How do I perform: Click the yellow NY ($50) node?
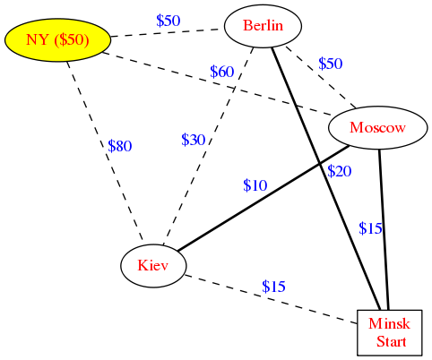(57, 40)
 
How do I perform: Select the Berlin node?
(263, 26)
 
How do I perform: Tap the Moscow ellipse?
(378, 128)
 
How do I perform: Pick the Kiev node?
(153, 265)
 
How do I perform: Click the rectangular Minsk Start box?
(390, 333)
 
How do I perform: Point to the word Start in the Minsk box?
(392, 342)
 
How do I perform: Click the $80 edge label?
(120, 146)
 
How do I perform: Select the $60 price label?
(222, 72)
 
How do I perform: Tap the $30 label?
(194, 140)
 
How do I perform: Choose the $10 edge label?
(255, 185)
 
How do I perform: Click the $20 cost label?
(340, 171)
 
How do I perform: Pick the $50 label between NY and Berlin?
(168, 21)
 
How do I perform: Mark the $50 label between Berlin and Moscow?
(331, 64)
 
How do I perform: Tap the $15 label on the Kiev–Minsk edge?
(273, 287)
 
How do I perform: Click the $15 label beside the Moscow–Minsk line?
(370, 228)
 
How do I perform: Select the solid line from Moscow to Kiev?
(264, 198)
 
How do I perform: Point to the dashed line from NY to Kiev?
(105, 150)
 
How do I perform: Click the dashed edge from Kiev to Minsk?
(271, 299)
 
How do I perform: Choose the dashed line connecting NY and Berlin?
(168, 33)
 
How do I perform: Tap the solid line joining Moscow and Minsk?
(384, 229)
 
